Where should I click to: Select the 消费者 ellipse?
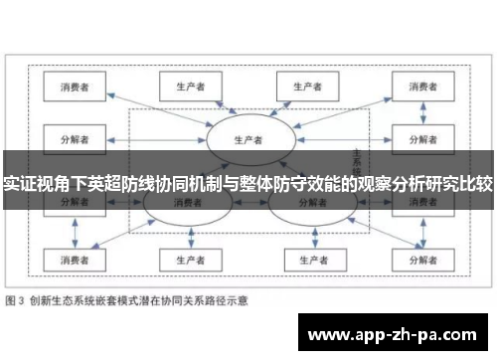[x=184, y=203]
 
